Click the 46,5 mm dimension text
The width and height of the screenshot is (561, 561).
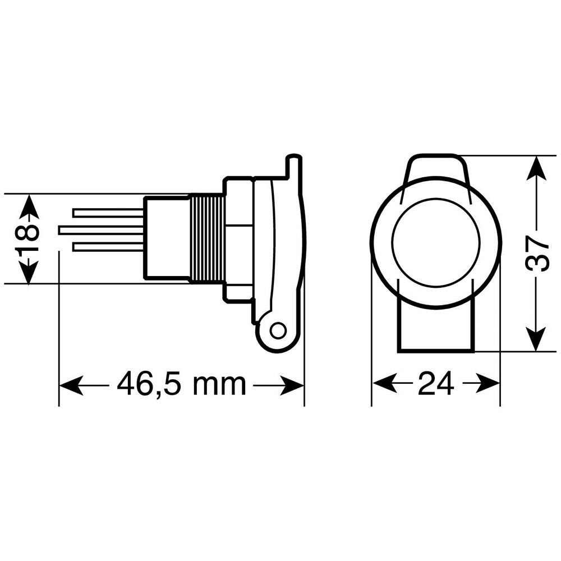pyautogui.click(x=182, y=384)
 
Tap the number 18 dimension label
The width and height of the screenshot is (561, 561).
pyautogui.click(x=26, y=238)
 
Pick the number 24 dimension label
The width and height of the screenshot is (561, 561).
pyautogui.click(x=436, y=384)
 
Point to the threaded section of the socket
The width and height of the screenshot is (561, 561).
pyautogui.click(x=208, y=238)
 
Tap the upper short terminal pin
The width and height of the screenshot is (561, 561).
pyautogui.click(x=109, y=213)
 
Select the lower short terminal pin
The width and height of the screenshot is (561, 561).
pyautogui.click(x=109, y=247)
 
